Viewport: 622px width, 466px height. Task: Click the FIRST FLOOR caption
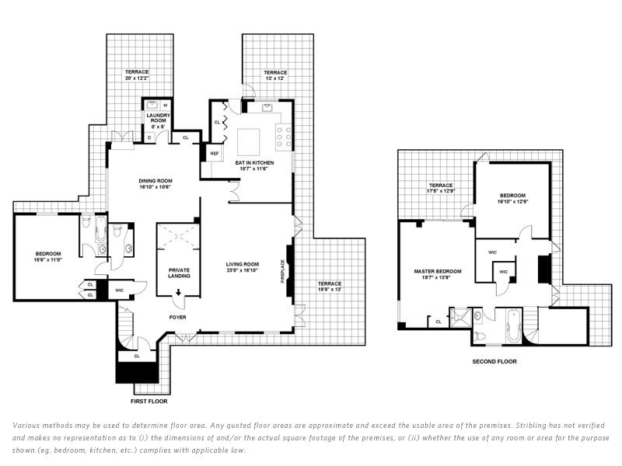(149, 402)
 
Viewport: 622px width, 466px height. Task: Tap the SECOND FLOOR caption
(494, 361)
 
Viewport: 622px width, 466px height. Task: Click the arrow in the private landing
(179, 292)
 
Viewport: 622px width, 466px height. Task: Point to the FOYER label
(179, 318)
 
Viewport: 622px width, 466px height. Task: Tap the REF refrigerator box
(215, 154)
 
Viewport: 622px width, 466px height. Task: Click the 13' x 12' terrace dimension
(265, 79)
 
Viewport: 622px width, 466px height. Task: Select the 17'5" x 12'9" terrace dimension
(440, 191)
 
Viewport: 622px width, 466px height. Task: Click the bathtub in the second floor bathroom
(513, 327)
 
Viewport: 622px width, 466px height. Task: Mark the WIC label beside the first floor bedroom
(120, 290)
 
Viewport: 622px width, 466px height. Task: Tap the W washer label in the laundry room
(165, 105)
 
